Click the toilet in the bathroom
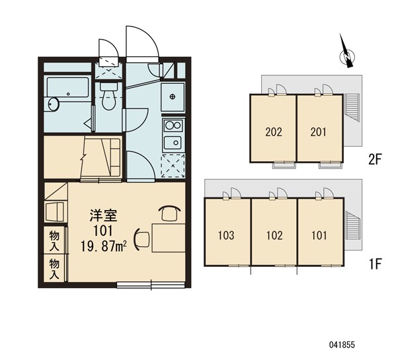[x=109, y=96]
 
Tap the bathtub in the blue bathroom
[x=68, y=87]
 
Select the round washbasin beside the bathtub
[x=54, y=104]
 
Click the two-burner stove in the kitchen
[x=173, y=126]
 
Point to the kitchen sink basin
[x=173, y=143]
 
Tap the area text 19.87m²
[x=104, y=246]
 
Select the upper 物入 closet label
[x=54, y=240]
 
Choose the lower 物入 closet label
[x=54, y=268]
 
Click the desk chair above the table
[x=169, y=213]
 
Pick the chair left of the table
[x=142, y=239]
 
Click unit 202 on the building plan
[x=273, y=132]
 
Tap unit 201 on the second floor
[x=319, y=132]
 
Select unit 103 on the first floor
[x=226, y=236]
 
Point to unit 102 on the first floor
[x=274, y=236]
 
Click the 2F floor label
[x=375, y=160]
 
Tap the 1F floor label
[x=375, y=264]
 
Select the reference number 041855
[x=342, y=345]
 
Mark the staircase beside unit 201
[x=353, y=108]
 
